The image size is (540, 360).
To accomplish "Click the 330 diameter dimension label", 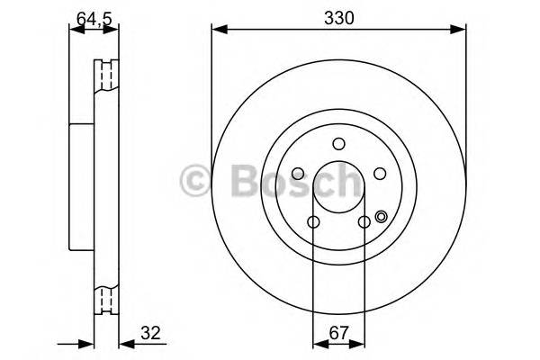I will (338, 15).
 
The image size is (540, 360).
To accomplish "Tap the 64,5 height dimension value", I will (93, 15).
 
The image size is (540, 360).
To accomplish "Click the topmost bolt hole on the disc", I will (338, 144).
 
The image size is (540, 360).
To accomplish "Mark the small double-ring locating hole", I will (381, 216).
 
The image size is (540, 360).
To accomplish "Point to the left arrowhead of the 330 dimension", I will (217, 31).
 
